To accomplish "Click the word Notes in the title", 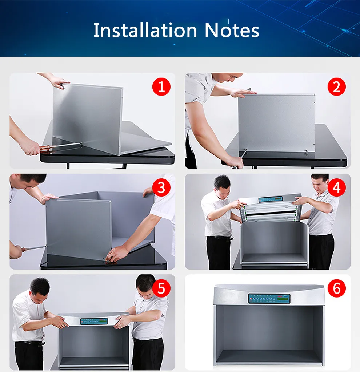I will (x=232, y=30).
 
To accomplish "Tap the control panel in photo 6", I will (x=269, y=299).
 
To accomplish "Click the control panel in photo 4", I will (x=271, y=199).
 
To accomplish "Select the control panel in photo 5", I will (x=94, y=321).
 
